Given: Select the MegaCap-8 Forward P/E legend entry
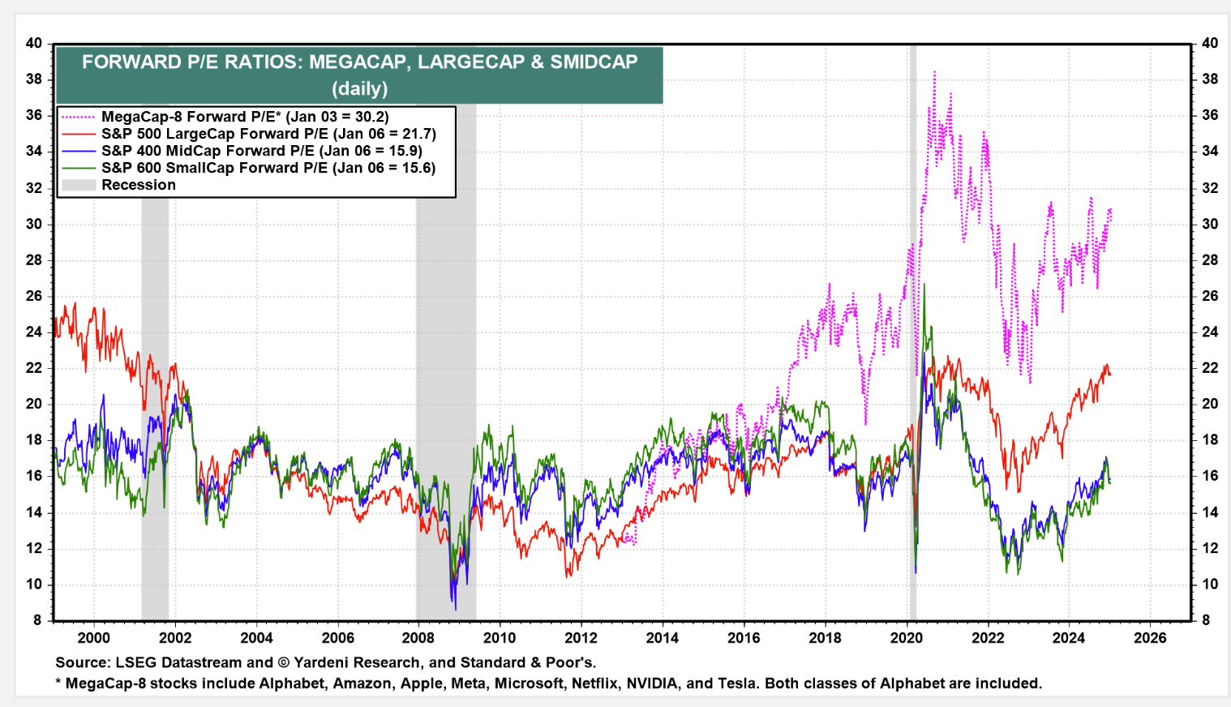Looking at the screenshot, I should (244, 117).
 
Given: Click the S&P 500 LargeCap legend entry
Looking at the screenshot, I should (268, 134).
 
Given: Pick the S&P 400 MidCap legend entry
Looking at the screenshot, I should (261, 151).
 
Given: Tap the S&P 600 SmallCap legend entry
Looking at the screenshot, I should (268, 168).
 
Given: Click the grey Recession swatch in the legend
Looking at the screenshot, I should (79, 185).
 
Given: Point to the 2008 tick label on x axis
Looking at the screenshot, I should (418, 638).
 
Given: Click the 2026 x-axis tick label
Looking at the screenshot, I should (1150, 638).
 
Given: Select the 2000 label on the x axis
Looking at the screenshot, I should (93, 638).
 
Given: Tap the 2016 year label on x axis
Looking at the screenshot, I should (744, 638).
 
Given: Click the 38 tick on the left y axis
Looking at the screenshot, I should (33, 79).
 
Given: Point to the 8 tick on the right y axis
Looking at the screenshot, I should (1206, 620).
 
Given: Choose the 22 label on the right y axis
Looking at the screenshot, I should (1209, 368).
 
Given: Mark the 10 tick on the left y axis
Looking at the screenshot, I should (33, 585).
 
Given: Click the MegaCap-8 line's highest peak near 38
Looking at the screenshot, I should (934, 73).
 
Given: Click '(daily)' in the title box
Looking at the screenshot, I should (359, 88).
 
